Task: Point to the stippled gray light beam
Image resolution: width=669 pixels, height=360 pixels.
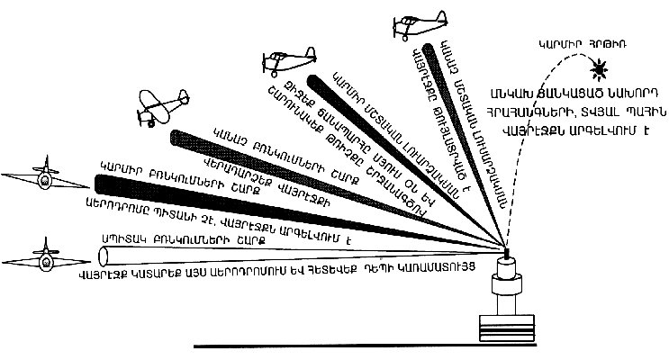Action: pyautogui.click(x=315, y=184)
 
